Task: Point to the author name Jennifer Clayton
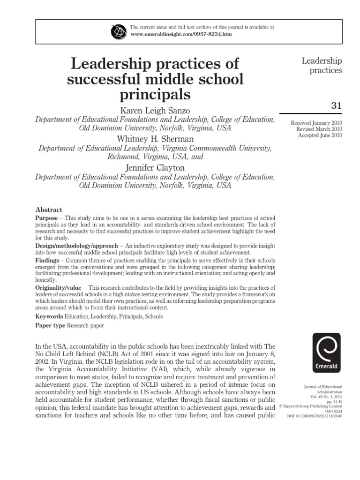(x=155, y=167)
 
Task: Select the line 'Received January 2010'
(x=316, y=122)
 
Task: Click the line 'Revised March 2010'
(x=319, y=129)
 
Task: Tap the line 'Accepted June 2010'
(x=320, y=135)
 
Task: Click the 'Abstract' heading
(x=49, y=210)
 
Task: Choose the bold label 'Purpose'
(x=47, y=218)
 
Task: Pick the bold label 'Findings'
(x=47, y=260)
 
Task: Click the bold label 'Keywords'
(x=49, y=316)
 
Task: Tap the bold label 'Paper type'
(x=51, y=325)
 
